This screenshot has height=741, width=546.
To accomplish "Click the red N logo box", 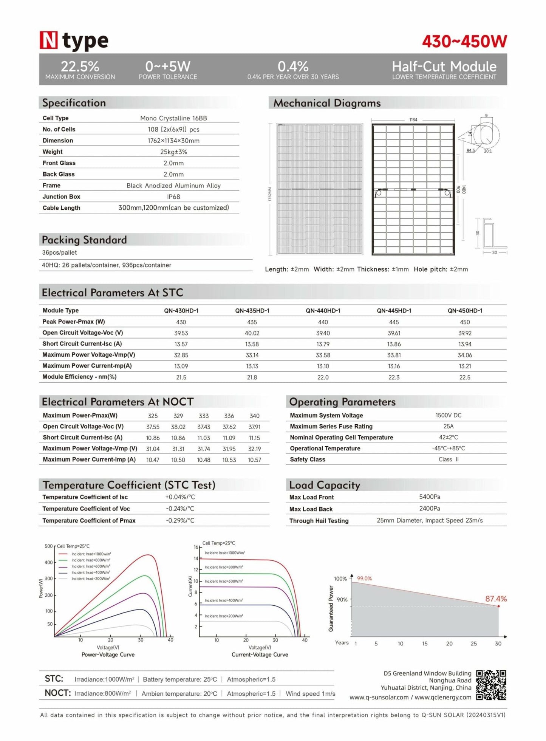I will (49, 40).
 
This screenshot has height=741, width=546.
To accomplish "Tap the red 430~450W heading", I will (464, 42).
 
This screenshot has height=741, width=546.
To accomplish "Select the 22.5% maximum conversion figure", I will (80, 67).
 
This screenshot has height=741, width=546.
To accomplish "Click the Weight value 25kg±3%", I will (173, 152).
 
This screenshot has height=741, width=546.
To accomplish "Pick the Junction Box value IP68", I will (173, 197).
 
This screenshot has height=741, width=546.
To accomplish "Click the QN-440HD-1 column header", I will (323, 311).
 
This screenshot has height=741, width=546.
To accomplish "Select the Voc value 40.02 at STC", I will (252, 333).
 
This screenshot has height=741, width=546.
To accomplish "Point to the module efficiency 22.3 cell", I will (394, 377).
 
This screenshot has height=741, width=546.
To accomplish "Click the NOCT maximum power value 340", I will (254, 416).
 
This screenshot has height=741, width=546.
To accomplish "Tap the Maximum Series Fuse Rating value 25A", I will (448, 426).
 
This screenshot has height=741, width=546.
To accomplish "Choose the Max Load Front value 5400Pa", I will (429, 497).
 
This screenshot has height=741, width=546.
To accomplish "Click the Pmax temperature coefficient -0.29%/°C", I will (180, 520).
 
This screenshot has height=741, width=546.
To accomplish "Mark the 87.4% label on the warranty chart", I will (496, 599).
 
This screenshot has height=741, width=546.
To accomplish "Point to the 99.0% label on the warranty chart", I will (364, 579).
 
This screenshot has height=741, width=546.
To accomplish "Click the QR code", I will (491, 685).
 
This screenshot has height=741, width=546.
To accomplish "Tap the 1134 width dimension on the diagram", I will (413, 120).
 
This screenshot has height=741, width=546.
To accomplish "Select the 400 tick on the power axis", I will (49, 562).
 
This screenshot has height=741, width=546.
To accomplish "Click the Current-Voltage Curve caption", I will (260, 654).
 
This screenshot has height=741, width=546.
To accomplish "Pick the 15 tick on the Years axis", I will (425, 644).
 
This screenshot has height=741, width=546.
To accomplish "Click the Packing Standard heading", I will (84, 240).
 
